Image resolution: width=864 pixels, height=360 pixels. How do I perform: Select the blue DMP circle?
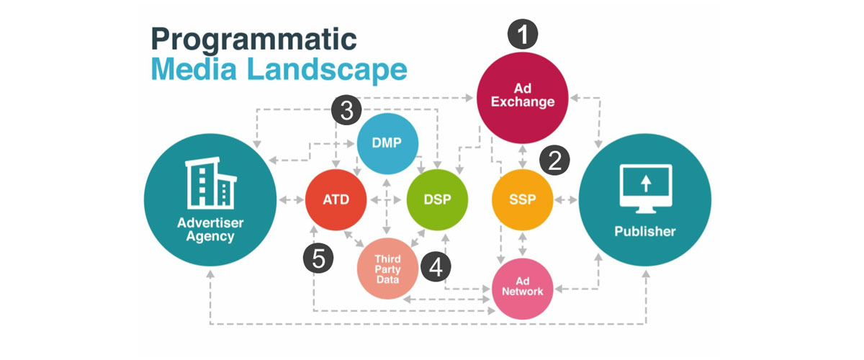tap(388, 143)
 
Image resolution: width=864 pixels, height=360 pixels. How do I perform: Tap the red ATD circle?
tap(336, 199)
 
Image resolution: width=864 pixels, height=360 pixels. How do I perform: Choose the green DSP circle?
tap(438, 199)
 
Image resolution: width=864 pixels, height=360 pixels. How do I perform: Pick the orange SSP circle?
tap(523, 199)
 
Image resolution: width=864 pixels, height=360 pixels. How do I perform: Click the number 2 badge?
tap(554, 161)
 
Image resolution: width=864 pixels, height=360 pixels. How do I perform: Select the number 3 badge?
tap(346, 111)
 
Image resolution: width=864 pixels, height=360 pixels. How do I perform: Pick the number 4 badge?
tap(435, 268)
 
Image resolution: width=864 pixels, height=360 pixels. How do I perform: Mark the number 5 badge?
tap(318, 258)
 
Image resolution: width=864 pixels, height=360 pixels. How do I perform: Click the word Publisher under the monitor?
tap(645, 232)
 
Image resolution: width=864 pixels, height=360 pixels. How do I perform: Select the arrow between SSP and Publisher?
tap(567, 199)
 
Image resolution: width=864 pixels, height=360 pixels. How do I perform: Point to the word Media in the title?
tap(193, 70)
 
